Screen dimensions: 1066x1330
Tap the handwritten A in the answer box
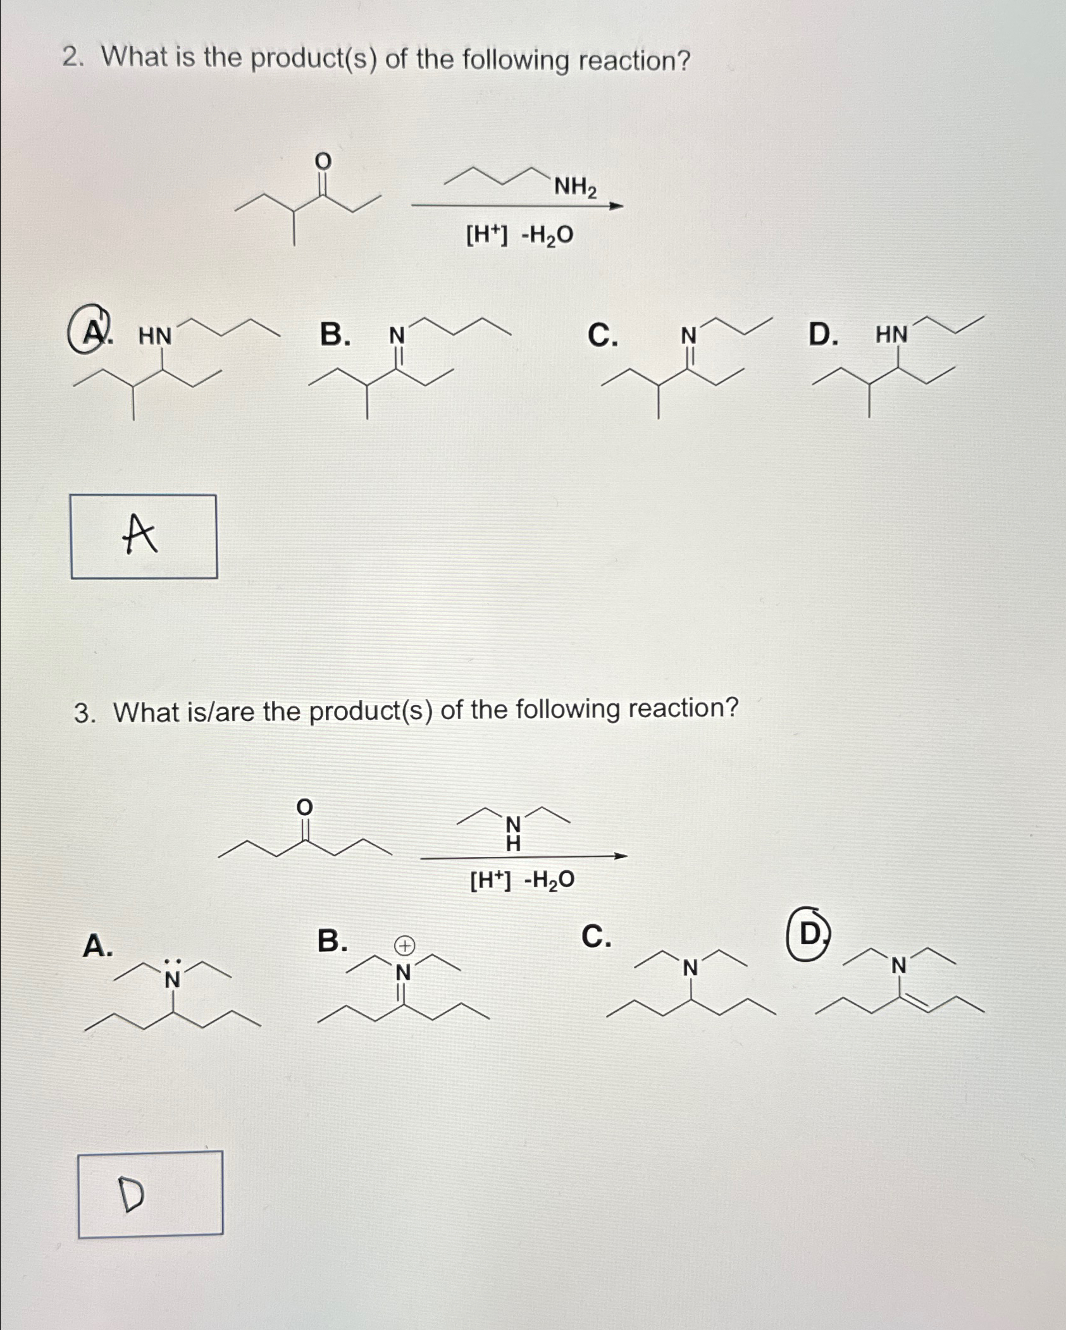point(140,534)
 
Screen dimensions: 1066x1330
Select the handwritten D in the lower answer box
point(132,1196)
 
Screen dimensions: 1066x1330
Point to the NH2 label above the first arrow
point(575,187)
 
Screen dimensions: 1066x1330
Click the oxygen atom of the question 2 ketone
point(323,161)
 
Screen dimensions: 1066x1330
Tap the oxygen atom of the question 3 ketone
point(305,807)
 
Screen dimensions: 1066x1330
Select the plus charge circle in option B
point(405,946)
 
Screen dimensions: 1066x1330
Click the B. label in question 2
point(335,335)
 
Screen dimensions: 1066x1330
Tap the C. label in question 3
point(596,937)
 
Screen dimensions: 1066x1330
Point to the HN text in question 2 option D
point(891,335)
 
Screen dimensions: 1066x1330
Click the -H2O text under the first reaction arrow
point(547,235)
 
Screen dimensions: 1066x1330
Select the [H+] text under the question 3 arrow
point(490,880)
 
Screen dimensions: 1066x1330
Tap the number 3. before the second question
point(84,713)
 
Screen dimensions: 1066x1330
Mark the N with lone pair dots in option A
point(172,978)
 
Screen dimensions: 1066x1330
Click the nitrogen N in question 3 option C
point(690,968)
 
